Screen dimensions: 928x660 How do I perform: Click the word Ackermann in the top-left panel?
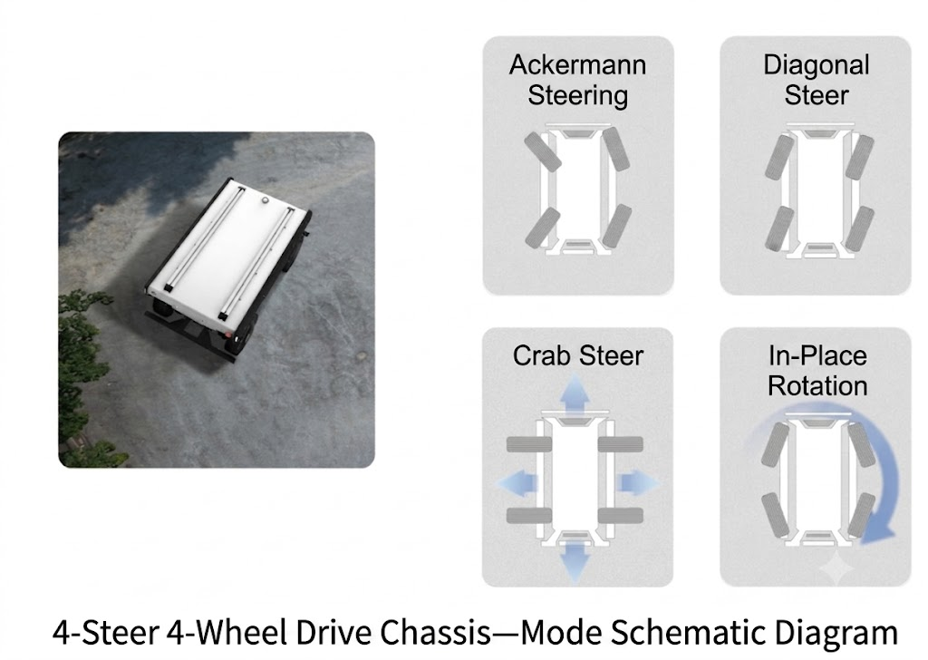[577, 65]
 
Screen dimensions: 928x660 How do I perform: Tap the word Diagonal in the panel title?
[817, 65]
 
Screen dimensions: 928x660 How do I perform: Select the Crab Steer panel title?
[577, 355]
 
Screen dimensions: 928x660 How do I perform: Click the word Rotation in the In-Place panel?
[817, 386]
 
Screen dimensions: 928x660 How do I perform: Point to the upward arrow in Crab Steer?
[574, 393]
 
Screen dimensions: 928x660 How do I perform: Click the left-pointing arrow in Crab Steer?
[517, 483]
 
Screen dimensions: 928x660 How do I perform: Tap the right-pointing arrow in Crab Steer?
[638, 483]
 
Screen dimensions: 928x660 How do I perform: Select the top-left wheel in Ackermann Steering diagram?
[542, 151]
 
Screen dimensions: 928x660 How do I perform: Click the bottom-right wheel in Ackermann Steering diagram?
[616, 226]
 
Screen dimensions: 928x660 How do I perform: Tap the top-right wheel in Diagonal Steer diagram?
[859, 157]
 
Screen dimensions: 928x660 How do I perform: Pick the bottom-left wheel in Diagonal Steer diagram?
[779, 228]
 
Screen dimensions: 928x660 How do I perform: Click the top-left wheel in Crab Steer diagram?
[529, 444]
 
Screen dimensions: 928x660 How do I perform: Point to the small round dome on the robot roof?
[266, 201]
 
